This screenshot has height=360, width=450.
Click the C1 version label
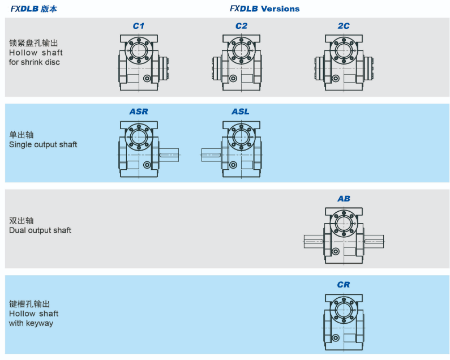tap(139, 26)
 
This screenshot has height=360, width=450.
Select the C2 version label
tap(241, 26)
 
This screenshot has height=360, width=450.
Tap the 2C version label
tap(344, 26)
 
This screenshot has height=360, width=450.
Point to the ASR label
tap(139, 112)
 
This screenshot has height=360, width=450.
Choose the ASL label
tap(241, 112)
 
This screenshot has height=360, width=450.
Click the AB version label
tap(344, 199)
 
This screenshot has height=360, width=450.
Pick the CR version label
tap(344, 285)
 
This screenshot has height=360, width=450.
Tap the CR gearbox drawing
tap(343, 320)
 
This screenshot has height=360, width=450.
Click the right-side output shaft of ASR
tap(169, 155)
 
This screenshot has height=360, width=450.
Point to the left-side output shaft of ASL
tap(211, 155)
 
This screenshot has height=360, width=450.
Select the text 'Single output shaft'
tap(43, 144)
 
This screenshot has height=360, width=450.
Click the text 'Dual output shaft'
tap(40, 230)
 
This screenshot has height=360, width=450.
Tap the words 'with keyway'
tap(31, 323)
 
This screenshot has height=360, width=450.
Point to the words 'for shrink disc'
tap(35, 62)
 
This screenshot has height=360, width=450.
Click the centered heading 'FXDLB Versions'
tap(264, 8)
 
